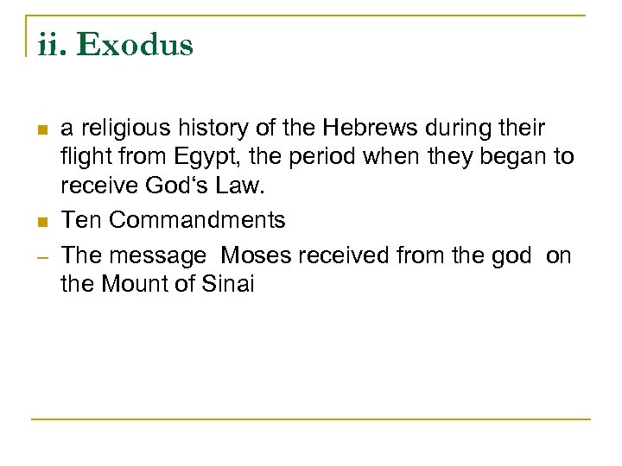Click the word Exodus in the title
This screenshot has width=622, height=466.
135,45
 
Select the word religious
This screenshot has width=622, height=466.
118,129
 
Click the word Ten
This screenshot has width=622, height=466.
82,221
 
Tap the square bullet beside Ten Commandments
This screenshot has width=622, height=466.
41,222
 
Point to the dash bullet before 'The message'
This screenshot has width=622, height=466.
41,256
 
